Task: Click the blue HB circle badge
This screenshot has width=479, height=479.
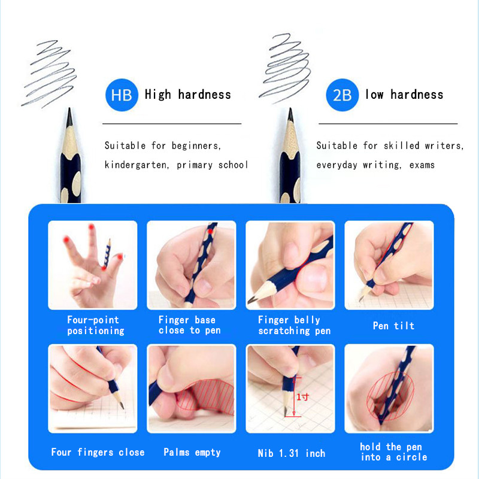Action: pyautogui.click(x=122, y=95)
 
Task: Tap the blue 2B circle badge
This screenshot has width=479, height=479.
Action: pyautogui.click(x=342, y=95)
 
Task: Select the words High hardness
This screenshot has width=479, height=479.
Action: pyautogui.click(x=188, y=95)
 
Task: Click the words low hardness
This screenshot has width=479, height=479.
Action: pyautogui.click(x=404, y=95)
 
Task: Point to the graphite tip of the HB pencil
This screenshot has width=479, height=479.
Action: pyautogui.click(x=69, y=108)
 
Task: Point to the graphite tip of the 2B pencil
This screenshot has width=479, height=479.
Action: pyautogui.click(x=290, y=108)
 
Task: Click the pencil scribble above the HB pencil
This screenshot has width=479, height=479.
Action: pyautogui.click(x=49, y=73)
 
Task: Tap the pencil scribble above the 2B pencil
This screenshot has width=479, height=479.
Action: pyautogui.click(x=285, y=68)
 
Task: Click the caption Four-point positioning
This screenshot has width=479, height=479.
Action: pyautogui.click(x=96, y=325)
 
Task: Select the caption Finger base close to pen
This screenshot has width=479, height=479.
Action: pyautogui.click(x=189, y=325)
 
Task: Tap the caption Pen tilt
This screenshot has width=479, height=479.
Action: pyautogui.click(x=393, y=326)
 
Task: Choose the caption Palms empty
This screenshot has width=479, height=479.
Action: pyautogui.click(x=192, y=452)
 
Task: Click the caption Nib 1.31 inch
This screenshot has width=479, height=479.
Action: pyautogui.click(x=292, y=453)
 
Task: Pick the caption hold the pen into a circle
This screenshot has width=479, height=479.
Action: pyautogui.click(x=393, y=452)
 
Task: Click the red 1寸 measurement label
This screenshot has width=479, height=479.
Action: pyautogui.click(x=303, y=397)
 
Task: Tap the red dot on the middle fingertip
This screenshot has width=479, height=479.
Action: pyautogui.click(x=92, y=227)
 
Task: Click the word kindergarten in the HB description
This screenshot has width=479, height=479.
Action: pyautogui.click(x=137, y=165)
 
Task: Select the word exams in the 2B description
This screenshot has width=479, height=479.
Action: pyautogui.click(x=422, y=165)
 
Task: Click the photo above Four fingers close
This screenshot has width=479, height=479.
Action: pyautogui.click(x=93, y=389)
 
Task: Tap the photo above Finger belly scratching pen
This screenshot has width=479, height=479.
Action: pyautogui.click(x=290, y=265)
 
